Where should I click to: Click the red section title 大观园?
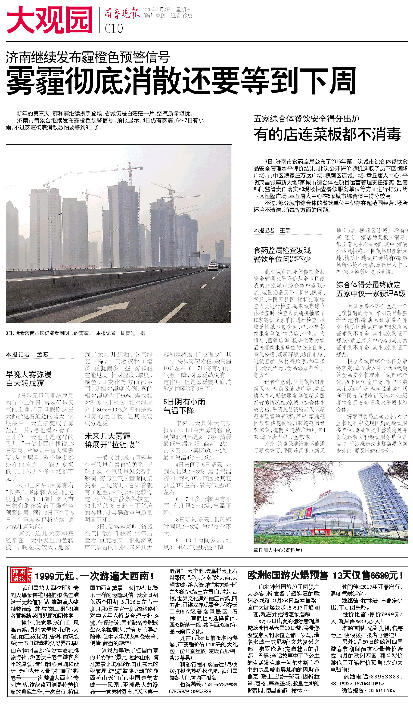pyautogui.click(x=50, y=20)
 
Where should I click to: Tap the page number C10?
pyautogui.click(x=114, y=28)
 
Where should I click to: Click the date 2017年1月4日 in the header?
pyautogui.click(x=157, y=9)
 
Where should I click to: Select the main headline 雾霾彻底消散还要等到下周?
pyautogui.click(x=181, y=81)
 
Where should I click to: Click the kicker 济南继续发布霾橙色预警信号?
pyautogui.click(x=88, y=57)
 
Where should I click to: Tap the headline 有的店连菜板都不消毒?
pyautogui.click(x=327, y=134)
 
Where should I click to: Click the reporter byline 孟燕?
pyautogui.click(x=43, y=354)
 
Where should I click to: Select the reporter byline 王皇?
pyautogui.click(x=285, y=231)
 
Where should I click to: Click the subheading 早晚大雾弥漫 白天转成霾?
pyautogui.click(x=29, y=379)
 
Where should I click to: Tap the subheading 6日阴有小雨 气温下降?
pyautogui.click(x=184, y=406)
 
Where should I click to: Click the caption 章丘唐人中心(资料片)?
pyautogui.click(x=278, y=550)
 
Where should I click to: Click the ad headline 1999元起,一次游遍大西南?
pyautogui.click(x=94, y=576)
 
